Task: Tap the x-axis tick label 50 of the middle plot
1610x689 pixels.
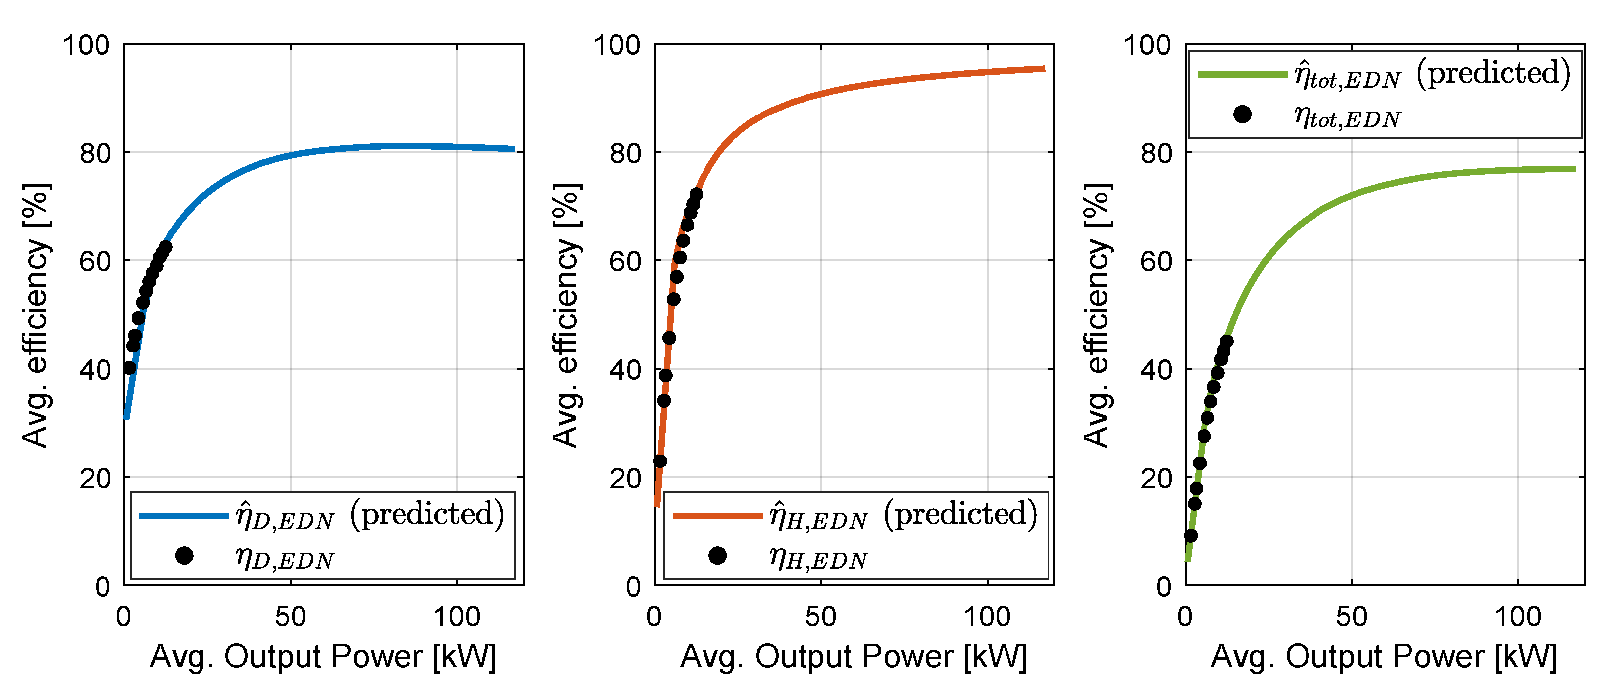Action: click(820, 617)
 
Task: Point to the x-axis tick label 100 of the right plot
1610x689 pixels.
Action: click(1517, 617)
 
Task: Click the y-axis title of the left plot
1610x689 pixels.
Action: click(36, 315)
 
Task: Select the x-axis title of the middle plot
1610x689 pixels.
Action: click(853, 657)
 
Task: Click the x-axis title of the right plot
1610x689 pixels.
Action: click(1384, 657)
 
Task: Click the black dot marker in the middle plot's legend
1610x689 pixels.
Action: click(717, 555)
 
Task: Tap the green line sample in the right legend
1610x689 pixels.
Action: click(1242, 74)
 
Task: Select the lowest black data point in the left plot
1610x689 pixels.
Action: click(129, 367)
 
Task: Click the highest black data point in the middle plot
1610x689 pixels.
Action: click(696, 195)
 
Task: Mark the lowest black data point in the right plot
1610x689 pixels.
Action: click(1191, 536)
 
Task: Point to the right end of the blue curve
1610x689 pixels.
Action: click(514, 149)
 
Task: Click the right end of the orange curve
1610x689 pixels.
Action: click(1044, 69)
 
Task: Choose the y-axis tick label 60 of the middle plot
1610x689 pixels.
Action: click(625, 261)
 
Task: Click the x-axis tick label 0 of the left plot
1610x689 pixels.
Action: click(124, 617)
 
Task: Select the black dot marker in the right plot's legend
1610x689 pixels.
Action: click(1242, 115)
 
